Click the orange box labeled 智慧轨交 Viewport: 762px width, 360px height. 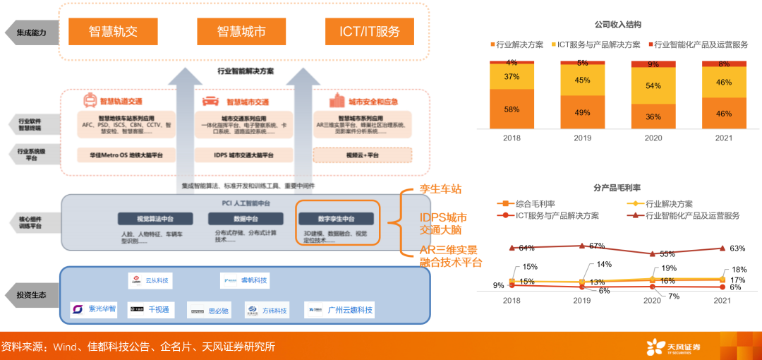click(x=113, y=31)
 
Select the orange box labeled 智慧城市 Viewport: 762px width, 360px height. click(x=241, y=31)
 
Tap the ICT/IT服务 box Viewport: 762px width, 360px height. click(x=369, y=31)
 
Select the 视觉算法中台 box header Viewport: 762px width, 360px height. click(x=155, y=219)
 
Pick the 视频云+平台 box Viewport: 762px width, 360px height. click(x=363, y=155)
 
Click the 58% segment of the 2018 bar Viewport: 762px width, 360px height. click(x=512, y=109)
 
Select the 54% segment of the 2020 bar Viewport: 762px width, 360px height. click(x=653, y=86)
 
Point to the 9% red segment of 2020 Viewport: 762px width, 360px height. click(x=653, y=64)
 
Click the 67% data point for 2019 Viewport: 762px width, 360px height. click(x=581, y=246)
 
